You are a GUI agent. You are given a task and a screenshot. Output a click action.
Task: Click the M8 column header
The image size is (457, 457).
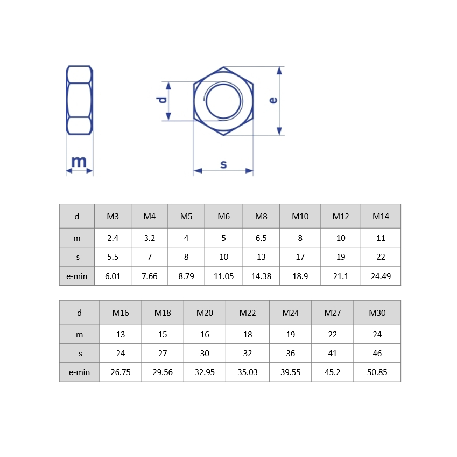[261, 216]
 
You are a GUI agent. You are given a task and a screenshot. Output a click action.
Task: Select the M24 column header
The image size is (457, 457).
[291, 313]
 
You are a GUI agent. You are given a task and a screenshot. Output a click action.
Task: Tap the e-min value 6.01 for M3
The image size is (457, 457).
[113, 276]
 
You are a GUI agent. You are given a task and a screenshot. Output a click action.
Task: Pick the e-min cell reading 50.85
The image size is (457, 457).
[377, 372]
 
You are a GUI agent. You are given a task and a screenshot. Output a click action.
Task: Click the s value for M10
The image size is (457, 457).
[300, 257]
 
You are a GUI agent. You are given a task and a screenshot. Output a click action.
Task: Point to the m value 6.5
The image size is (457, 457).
[261, 237]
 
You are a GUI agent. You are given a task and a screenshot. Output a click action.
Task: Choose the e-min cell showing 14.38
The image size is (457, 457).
[261, 276]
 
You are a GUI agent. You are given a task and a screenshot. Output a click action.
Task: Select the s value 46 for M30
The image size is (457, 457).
[377, 353]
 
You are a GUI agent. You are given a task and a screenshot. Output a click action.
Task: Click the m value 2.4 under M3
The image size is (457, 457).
[113, 237]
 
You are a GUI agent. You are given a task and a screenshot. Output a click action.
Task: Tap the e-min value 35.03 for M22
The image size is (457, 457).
[248, 372]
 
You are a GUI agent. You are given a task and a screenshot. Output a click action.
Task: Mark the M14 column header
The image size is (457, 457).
[381, 216]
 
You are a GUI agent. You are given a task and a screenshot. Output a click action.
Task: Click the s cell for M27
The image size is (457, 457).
[333, 353]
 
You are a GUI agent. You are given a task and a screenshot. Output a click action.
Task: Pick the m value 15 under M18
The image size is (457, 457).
[163, 334]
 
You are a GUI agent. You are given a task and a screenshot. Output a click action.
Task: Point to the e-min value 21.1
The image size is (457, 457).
[341, 276]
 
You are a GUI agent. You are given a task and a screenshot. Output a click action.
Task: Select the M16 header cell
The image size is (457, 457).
[121, 313]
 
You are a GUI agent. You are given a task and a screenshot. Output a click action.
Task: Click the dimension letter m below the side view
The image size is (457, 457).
[79, 161]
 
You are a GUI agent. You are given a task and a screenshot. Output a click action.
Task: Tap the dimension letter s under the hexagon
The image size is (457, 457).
[223, 164]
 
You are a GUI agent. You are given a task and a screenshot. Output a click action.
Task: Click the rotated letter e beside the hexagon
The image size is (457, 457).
[273, 100]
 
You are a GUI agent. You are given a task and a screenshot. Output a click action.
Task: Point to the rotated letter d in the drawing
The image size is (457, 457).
[161, 101]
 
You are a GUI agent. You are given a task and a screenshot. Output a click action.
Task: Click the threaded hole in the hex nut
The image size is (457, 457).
[223, 101]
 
